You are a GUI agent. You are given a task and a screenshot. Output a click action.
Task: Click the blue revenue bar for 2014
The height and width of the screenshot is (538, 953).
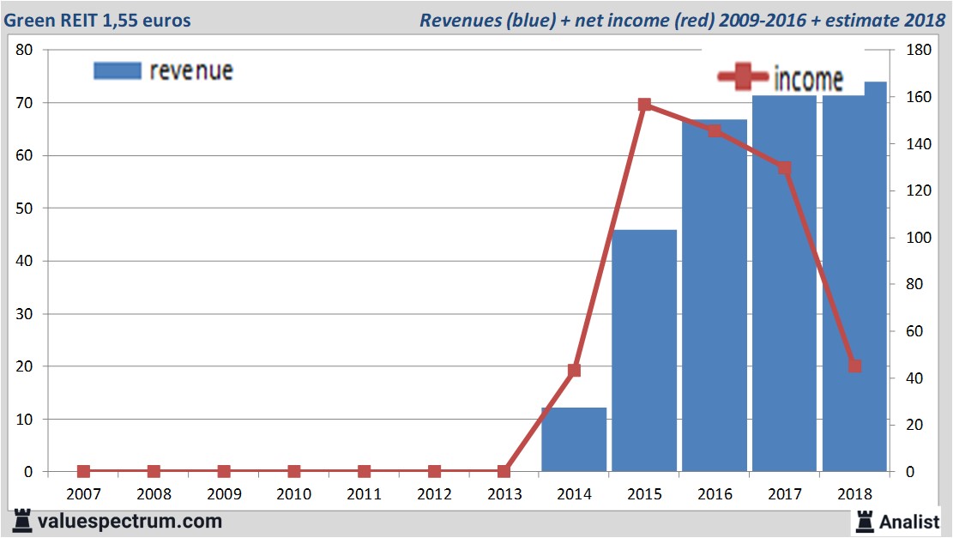point(574,439)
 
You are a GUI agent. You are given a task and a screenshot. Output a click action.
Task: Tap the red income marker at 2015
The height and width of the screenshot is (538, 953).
point(645,105)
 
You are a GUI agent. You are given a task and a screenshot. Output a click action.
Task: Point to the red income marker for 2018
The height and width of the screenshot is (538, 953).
point(854,366)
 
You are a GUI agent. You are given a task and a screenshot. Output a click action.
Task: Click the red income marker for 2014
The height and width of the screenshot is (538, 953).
point(575,371)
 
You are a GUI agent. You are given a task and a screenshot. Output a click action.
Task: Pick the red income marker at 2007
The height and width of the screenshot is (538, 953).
point(83,471)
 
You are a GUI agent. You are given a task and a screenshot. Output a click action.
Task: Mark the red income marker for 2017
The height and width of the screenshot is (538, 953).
point(785,168)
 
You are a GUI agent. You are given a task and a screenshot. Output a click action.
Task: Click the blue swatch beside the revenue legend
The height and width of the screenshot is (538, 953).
point(117,70)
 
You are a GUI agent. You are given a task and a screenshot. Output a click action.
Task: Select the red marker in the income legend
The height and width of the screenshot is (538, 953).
point(743,77)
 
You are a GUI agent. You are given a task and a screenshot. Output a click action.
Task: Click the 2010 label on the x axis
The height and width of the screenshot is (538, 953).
point(294,494)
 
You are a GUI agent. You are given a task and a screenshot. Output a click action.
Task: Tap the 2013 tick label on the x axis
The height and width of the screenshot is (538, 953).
point(504,494)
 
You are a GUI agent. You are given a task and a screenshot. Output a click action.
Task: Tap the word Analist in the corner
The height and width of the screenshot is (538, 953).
point(909,521)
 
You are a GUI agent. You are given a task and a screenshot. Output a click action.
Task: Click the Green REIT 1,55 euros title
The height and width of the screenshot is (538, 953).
point(98,20)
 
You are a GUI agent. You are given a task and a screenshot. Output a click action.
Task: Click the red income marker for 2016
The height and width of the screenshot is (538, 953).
point(715,131)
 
